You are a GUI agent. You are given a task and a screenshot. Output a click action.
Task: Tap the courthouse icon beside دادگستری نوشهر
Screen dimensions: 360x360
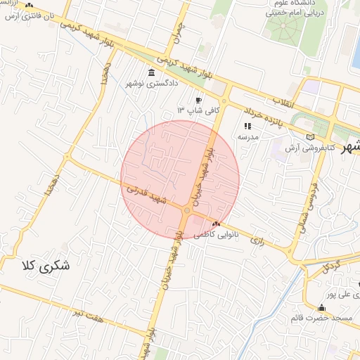pyautogui.click(x=152, y=73)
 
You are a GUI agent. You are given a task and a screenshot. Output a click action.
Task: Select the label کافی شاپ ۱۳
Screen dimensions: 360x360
pyautogui.click(x=199, y=110)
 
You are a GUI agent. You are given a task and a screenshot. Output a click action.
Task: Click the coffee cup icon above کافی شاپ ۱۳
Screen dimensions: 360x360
pyautogui.click(x=198, y=100)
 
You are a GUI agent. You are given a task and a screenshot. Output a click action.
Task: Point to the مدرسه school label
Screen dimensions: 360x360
pyautogui.click(x=248, y=136)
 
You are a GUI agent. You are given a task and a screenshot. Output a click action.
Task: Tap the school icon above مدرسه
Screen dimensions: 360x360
pyautogui.click(x=247, y=126)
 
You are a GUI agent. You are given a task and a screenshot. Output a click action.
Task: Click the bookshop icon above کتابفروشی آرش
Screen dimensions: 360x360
pyautogui.click(x=311, y=137)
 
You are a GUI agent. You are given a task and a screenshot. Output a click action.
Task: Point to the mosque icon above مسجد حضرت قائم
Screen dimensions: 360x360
pyautogui.click(x=321, y=307)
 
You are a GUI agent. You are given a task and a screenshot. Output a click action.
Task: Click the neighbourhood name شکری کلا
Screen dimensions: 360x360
pyautogui.click(x=47, y=266)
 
